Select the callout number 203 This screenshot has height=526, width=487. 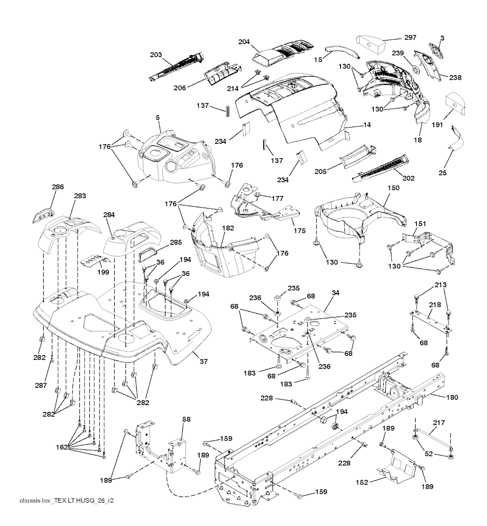[156, 55]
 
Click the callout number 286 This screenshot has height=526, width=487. [58, 187]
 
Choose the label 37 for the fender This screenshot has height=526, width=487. [203, 362]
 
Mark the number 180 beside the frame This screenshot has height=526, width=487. [452, 397]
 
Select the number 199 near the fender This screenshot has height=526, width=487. [103, 272]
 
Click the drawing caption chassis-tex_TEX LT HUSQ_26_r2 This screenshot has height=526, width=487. [67, 501]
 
